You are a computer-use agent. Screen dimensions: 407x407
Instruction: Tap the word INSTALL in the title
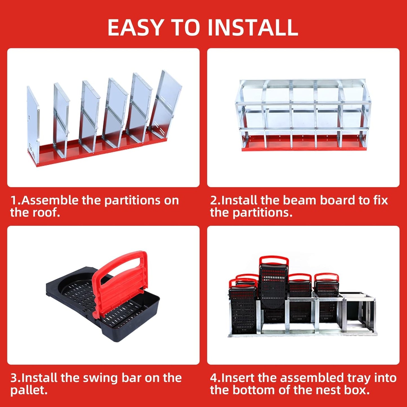point(253,28)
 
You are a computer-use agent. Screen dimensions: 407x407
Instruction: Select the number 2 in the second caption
point(214,201)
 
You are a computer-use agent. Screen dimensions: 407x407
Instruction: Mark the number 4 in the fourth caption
point(214,378)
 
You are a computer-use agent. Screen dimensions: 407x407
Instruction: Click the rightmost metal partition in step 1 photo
point(166,101)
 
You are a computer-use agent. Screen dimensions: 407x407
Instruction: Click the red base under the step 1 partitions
point(93,152)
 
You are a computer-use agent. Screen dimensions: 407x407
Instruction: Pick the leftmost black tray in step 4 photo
point(243,310)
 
